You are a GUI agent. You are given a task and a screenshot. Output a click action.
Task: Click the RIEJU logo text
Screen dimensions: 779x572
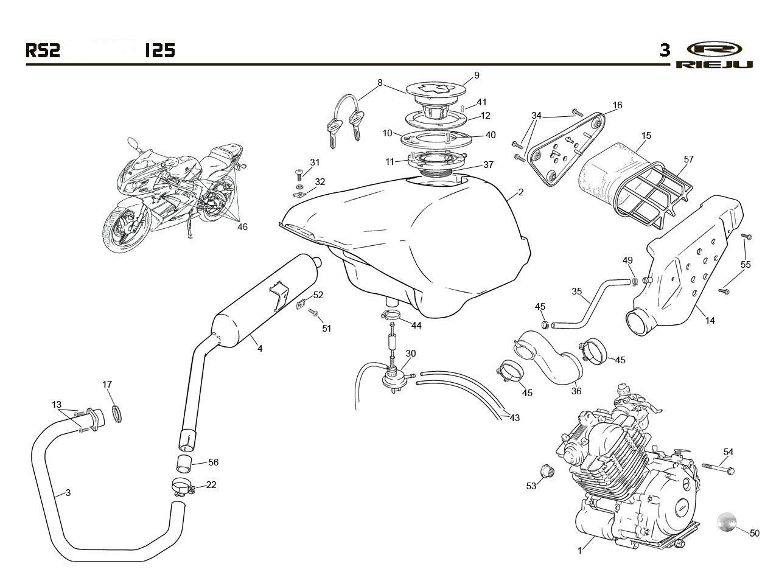(714, 65)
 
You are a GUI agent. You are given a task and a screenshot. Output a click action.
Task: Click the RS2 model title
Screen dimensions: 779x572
(43, 51)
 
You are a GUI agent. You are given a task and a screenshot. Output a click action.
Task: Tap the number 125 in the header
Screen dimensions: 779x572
(160, 51)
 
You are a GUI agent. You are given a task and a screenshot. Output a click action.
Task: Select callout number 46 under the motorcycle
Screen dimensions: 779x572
(242, 227)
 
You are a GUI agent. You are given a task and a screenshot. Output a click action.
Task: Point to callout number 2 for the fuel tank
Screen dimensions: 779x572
(520, 192)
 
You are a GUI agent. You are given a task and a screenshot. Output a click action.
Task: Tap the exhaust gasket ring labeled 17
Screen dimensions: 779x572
(117, 413)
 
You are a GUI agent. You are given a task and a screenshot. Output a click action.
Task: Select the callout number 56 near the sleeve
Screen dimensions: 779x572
(213, 462)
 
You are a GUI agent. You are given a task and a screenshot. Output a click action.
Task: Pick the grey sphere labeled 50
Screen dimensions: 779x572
(727, 531)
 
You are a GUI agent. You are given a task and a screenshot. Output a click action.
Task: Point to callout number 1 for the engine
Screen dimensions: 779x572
(580, 551)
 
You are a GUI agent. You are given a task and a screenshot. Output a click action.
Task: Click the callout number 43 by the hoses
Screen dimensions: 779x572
(514, 417)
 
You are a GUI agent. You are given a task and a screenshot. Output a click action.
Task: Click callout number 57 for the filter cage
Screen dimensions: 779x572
(688, 159)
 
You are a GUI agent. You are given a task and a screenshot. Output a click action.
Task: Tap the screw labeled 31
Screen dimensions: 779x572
(299, 174)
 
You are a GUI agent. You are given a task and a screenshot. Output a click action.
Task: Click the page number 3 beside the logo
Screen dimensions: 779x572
(665, 51)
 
